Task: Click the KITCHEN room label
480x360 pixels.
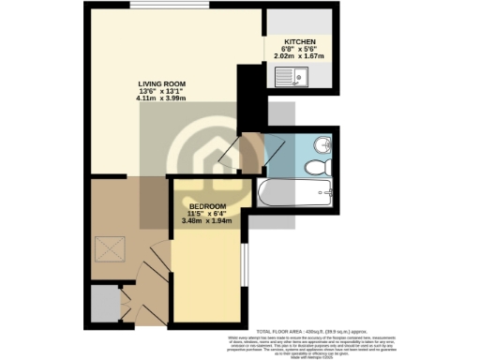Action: pyautogui.click(x=299, y=43)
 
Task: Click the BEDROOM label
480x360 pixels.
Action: pyautogui.click(x=207, y=206)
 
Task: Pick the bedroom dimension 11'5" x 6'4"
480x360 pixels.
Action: pyautogui.click(x=207, y=214)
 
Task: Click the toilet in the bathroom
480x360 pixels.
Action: pyautogui.click(x=317, y=167)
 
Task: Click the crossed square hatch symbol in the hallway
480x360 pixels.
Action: pyautogui.click(x=108, y=250)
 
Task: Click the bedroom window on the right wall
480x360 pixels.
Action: pyautogui.click(x=245, y=266)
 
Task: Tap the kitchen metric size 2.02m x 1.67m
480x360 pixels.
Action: pyautogui.click(x=299, y=58)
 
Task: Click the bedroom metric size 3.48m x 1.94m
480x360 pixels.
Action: pyautogui.click(x=207, y=221)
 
